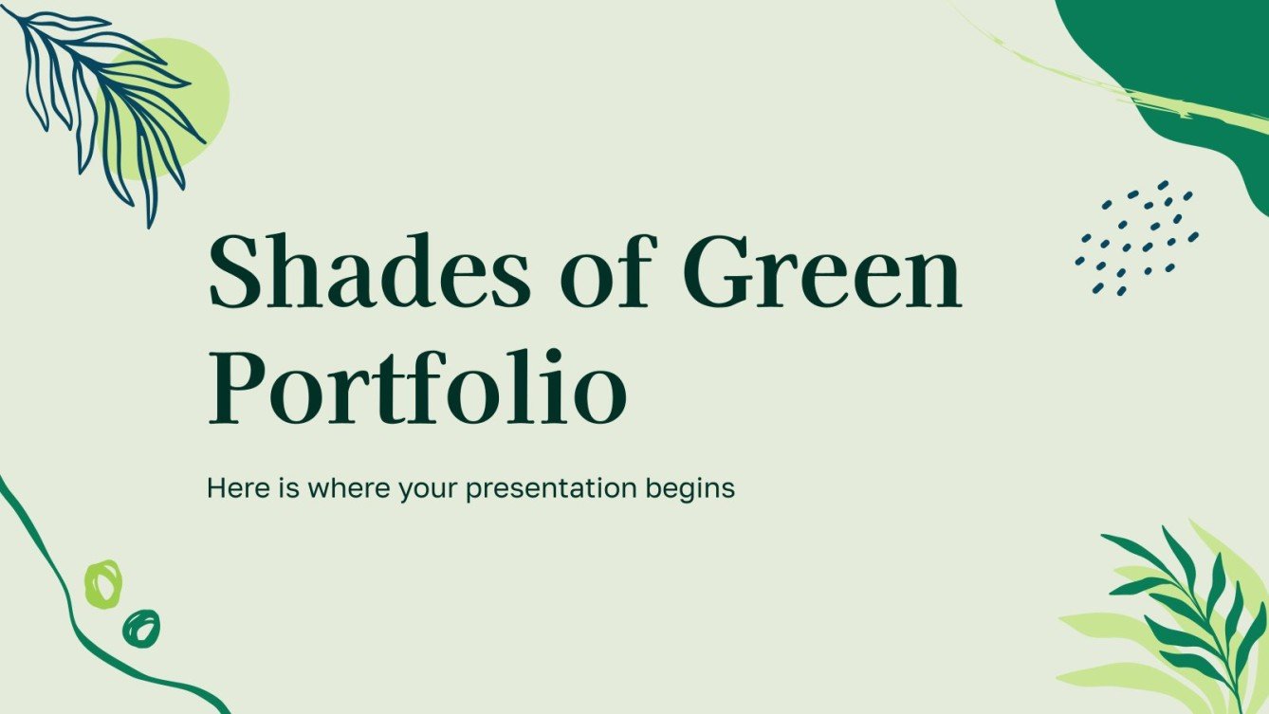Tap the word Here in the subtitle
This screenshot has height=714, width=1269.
pos(231,489)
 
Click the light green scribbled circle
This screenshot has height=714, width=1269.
pos(103,583)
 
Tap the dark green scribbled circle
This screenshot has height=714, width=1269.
pos(141,628)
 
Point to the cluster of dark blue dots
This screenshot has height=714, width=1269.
pos(1136,237)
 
